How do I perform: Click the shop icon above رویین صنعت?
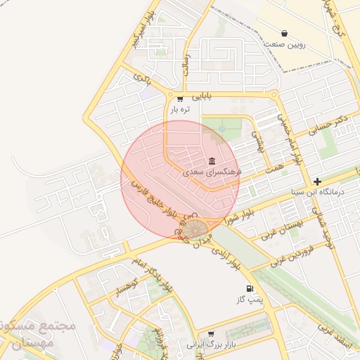point(284,33)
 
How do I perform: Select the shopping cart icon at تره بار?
point(181,99)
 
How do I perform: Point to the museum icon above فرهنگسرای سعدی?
point(212,159)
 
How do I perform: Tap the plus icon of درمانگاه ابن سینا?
point(317,181)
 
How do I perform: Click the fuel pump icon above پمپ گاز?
point(249,289)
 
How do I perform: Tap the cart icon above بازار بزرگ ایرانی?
point(210,335)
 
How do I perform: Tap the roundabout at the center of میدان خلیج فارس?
point(196,228)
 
